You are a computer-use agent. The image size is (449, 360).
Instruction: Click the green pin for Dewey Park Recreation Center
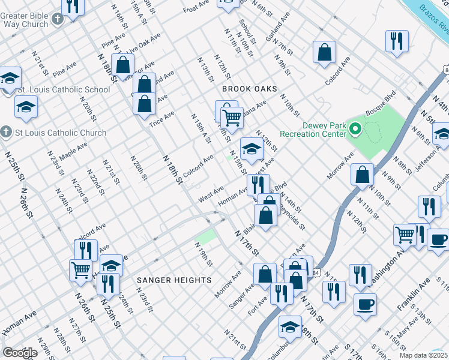(355, 128)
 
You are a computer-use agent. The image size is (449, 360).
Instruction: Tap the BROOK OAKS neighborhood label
(250, 89)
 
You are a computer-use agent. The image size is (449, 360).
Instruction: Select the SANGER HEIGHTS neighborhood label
(174, 280)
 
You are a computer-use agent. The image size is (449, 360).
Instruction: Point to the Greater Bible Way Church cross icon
(57, 19)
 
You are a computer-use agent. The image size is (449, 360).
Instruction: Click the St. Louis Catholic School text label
(64, 90)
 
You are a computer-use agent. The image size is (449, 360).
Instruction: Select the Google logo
(20, 353)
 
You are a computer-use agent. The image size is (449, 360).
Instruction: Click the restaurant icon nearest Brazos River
(397, 41)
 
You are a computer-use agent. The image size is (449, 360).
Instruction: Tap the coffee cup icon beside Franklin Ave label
(365, 303)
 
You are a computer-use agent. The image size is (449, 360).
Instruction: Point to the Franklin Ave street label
(414, 294)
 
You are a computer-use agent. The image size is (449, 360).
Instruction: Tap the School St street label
(247, 32)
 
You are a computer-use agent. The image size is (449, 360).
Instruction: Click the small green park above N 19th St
(206, 236)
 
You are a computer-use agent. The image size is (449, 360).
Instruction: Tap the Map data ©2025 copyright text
(423, 355)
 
